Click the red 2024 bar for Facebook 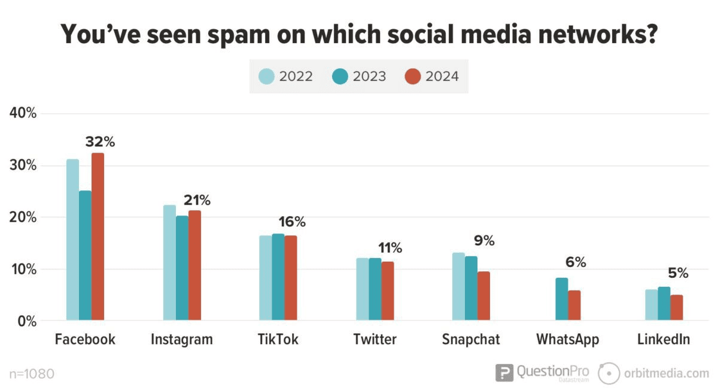point(98,237)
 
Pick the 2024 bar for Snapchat point(483,296)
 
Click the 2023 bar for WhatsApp point(561,299)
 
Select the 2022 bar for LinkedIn point(651,305)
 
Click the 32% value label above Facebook point(99,142)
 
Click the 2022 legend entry point(285,77)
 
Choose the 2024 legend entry point(431,77)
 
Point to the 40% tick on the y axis point(23,113)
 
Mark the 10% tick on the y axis point(23,269)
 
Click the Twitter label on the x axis point(375,340)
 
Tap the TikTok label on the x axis point(278,340)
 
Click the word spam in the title point(234,35)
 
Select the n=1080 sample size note point(32,374)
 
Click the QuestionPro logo point(542,372)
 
